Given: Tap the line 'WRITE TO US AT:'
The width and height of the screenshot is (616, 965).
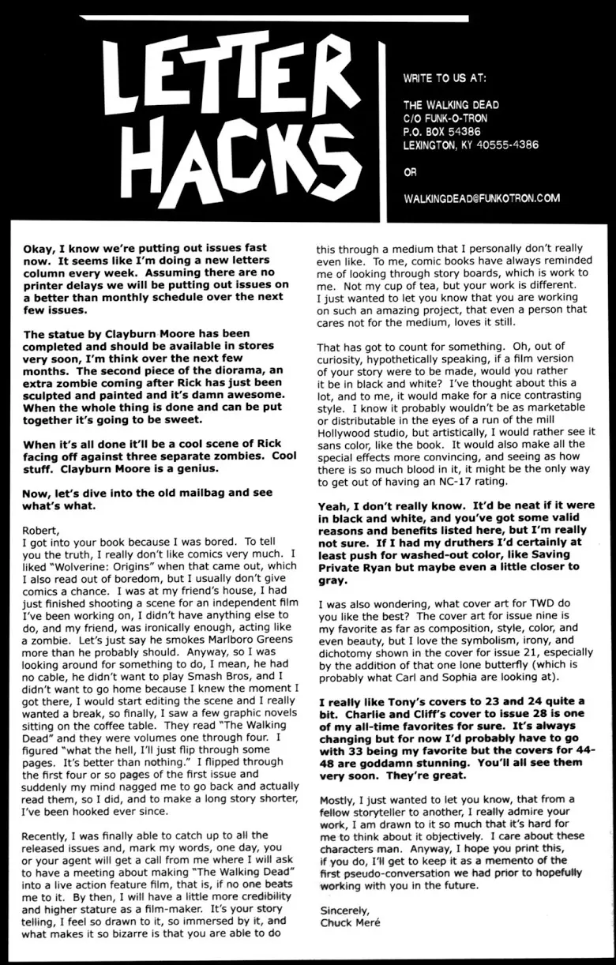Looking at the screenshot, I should click(x=445, y=79).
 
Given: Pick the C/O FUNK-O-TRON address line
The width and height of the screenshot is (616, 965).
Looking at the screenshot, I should click(x=445, y=118).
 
